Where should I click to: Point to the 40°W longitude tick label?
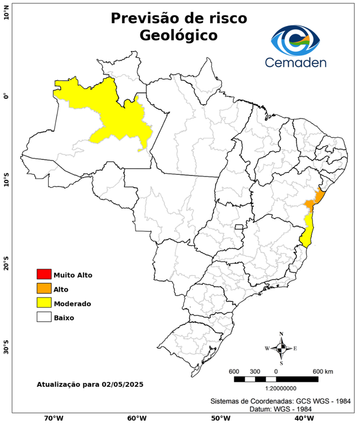[302, 418]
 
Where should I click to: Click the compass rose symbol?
[281, 348]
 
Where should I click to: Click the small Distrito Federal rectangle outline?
[239, 227]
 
